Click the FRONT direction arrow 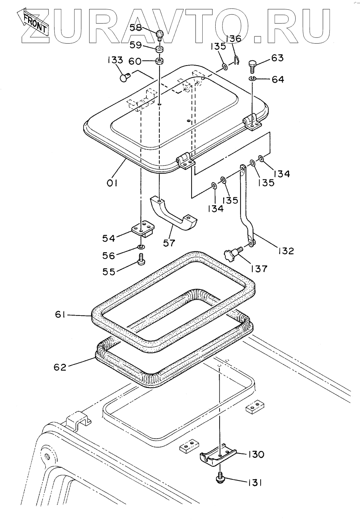(32, 22)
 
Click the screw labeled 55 (141, 259)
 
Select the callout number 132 (286, 250)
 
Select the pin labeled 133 (125, 77)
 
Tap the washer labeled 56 (141, 247)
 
